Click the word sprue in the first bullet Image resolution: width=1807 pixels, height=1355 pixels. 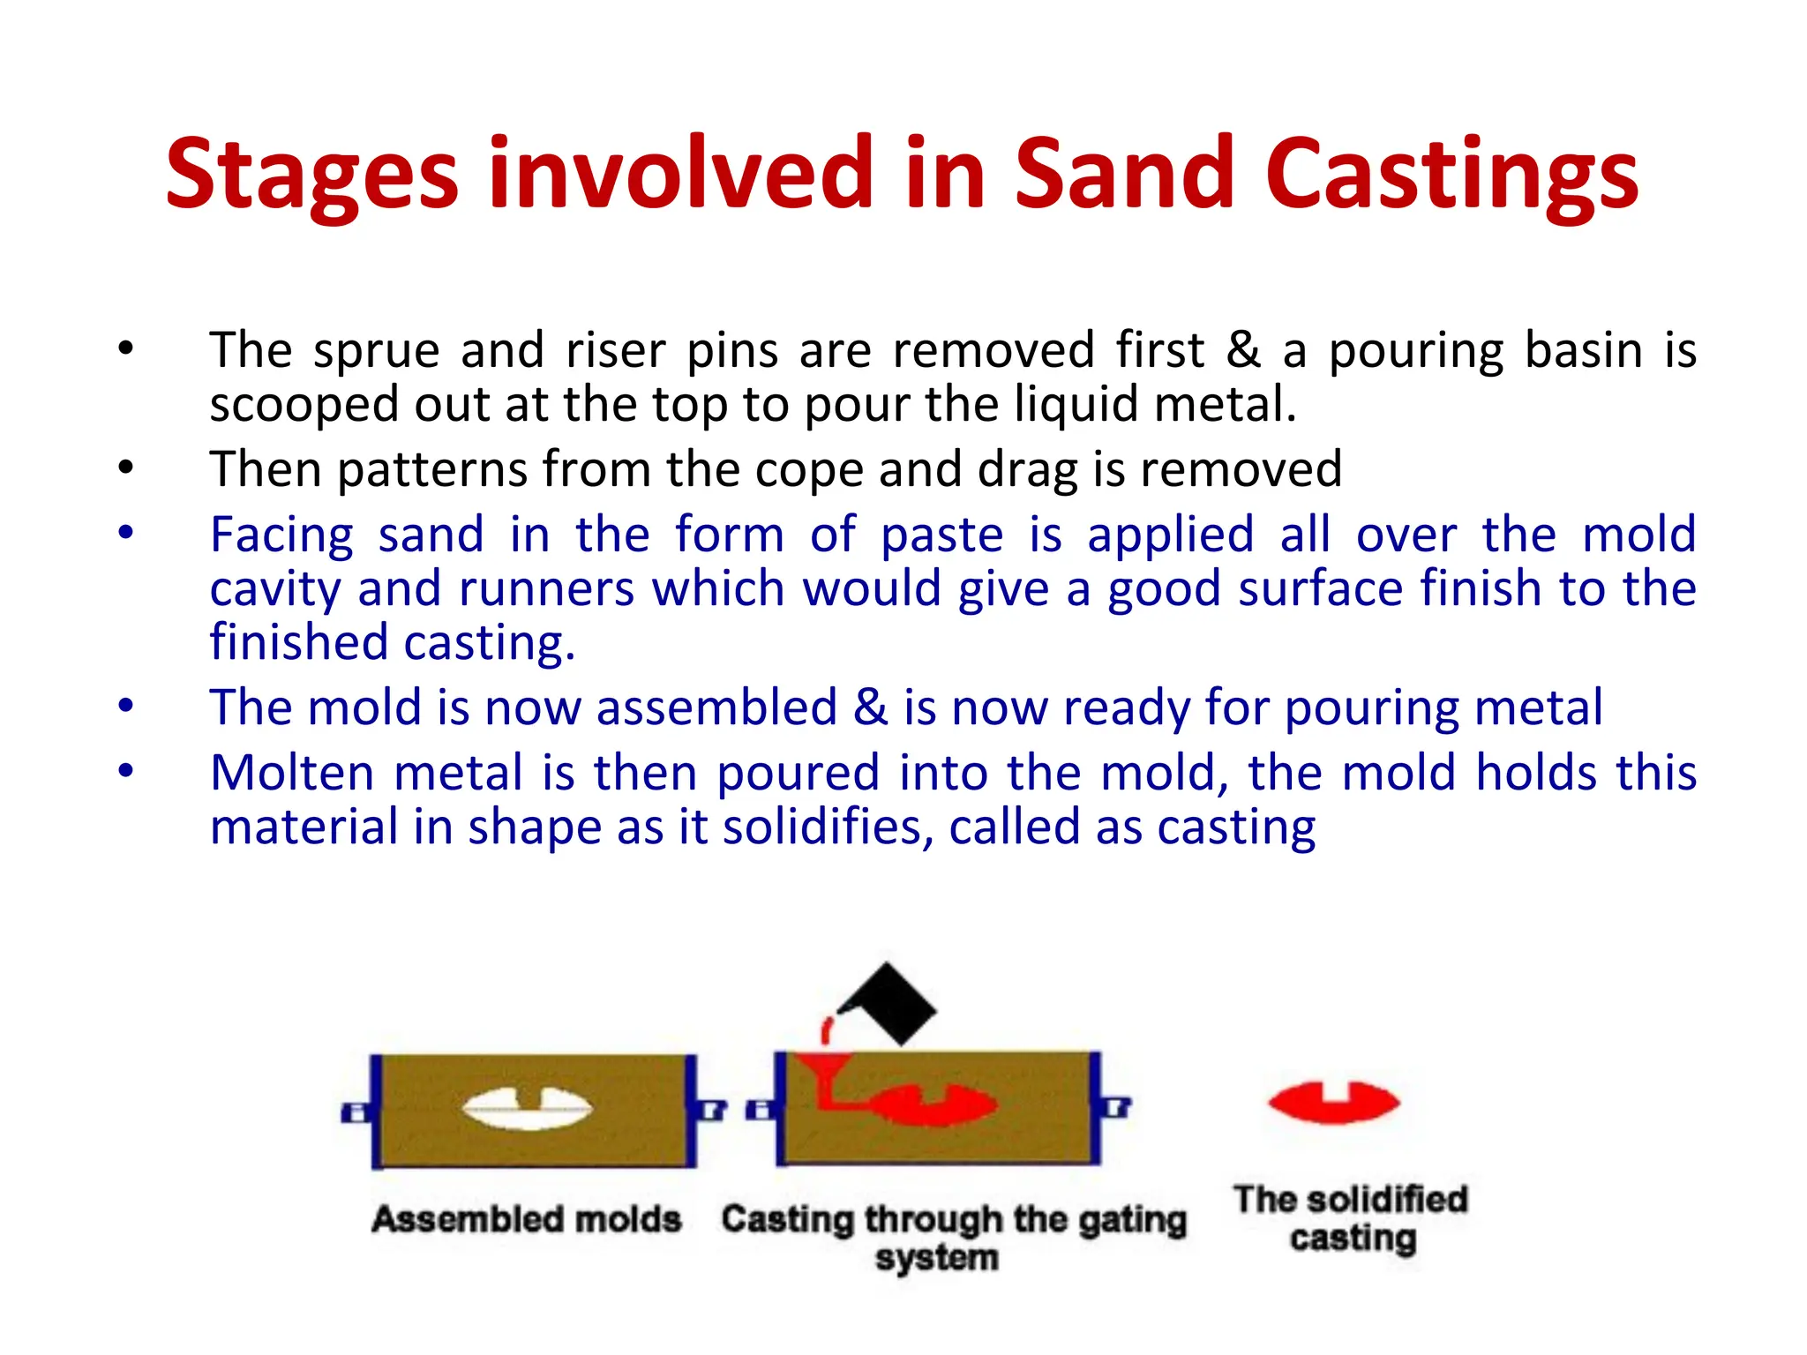[x=376, y=351]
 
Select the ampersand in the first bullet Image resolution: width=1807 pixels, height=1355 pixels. [x=1243, y=349]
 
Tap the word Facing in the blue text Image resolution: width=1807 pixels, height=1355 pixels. [x=281, y=535]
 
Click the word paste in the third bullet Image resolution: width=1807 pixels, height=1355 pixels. [x=941, y=535]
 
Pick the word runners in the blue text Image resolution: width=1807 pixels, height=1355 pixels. [x=547, y=589]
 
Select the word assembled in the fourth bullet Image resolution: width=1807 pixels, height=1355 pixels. [x=716, y=708]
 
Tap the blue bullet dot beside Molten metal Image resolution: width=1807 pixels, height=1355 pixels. [x=126, y=772]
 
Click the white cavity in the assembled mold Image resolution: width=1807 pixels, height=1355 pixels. [x=528, y=1108]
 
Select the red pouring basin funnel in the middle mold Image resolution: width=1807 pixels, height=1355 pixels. [x=823, y=1069]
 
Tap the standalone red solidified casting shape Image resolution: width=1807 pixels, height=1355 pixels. [x=1333, y=1103]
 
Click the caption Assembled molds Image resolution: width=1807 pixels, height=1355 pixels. [x=527, y=1219]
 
